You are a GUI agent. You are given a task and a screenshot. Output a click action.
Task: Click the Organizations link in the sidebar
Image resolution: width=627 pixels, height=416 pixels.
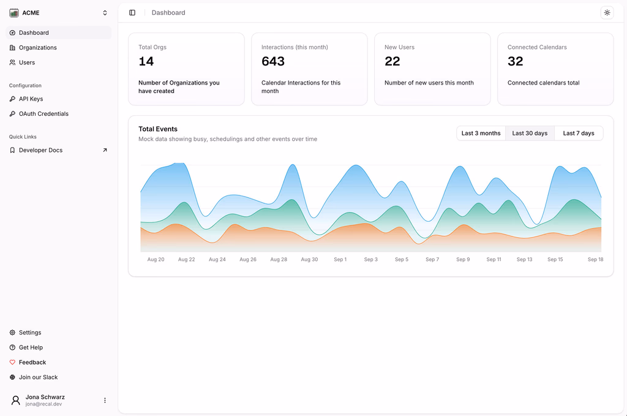pos(37,48)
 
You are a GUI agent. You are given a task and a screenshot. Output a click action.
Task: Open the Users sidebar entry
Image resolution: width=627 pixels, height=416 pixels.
pos(27,62)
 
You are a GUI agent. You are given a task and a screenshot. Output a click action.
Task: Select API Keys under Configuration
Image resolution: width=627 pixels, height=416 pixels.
pos(31,99)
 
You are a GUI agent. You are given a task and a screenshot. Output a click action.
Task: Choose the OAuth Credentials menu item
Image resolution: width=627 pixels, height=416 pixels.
pos(43,113)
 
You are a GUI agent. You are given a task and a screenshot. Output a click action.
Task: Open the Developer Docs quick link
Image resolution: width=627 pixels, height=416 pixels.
pos(40,150)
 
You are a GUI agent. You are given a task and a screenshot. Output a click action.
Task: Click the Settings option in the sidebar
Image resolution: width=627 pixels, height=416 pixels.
pos(30,333)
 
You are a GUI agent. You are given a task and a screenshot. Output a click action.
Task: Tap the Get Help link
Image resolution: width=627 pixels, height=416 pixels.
pos(31,347)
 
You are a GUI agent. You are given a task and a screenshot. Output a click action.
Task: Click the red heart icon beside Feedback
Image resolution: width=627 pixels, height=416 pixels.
pos(12,363)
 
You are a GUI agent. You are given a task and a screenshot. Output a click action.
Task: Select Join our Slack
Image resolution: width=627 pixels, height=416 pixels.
pos(38,377)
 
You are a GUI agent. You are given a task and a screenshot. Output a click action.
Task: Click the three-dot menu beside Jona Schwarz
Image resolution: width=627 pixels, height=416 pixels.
pos(105,401)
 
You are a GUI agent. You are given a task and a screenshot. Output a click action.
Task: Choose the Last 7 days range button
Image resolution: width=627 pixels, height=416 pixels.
pos(579,133)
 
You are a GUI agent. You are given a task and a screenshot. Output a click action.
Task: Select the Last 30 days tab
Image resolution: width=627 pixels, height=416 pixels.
pos(530,133)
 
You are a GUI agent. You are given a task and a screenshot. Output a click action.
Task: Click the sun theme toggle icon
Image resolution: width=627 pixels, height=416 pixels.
pos(607,13)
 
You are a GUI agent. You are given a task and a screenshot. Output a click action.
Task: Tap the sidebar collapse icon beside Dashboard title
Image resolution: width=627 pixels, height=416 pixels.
pos(132,13)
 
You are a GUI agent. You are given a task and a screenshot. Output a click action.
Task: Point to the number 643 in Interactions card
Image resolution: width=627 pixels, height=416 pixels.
pos(273,61)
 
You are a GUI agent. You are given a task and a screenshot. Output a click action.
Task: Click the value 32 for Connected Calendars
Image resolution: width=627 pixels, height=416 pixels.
pos(515,61)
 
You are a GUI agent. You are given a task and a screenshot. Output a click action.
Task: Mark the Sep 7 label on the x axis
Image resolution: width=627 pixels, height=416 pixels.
pos(432,260)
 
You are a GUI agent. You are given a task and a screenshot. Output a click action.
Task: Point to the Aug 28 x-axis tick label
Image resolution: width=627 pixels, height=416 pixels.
pos(279,260)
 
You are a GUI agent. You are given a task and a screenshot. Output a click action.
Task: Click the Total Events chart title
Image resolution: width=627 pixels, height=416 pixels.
pos(158,129)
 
